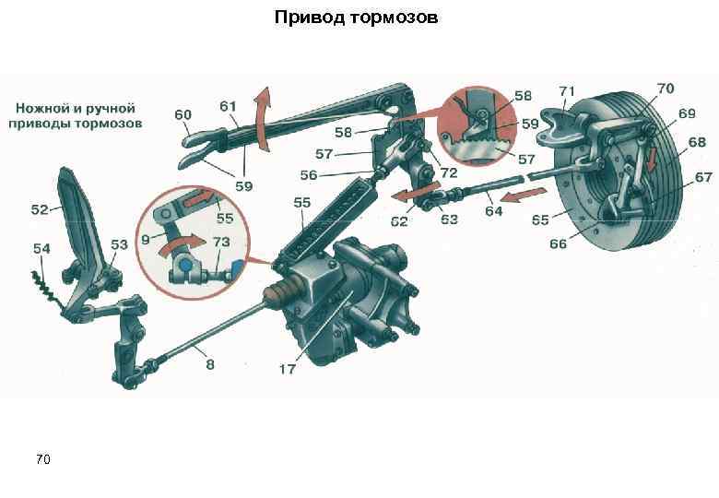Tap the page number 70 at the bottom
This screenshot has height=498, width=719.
coord(42,458)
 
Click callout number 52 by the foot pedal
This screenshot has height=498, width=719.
coord(39,209)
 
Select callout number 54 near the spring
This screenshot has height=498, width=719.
coord(41,248)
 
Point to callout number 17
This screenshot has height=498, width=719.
coord(287,369)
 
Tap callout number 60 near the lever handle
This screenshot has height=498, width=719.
coord(183,115)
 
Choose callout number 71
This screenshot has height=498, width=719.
coord(567,90)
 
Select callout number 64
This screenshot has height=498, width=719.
coord(494,212)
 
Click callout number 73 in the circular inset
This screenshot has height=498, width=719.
coord(221,241)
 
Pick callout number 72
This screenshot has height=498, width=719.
coord(449,172)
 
